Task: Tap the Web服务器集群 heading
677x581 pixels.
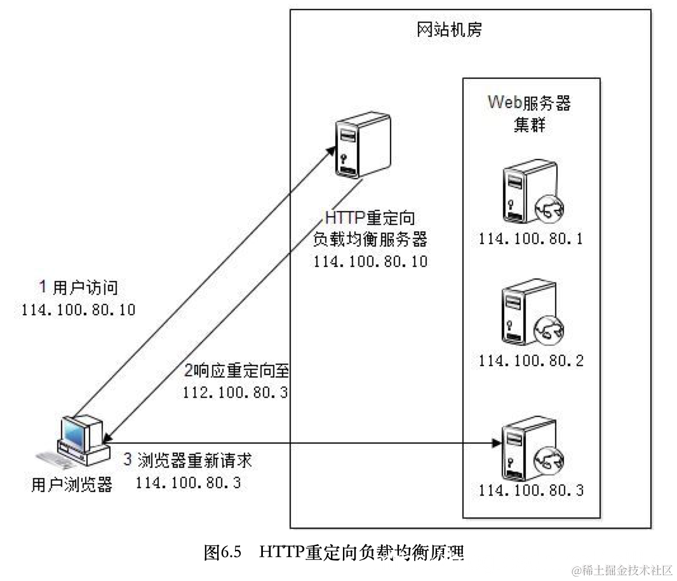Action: pyautogui.click(x=528, y=113)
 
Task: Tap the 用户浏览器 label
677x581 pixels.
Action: pyautogui.click(x=72, y=485)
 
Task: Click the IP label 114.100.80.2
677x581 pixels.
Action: pyautogui.click(x=531, y=360)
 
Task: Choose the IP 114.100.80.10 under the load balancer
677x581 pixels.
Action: pyautogui.click(x=370, y=262)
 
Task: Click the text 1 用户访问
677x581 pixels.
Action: pyautogui.click(x=79, y=287)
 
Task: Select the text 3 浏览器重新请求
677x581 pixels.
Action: pyautogui.click(x=191, y=460)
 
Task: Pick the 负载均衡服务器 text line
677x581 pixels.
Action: pyautogui.click(x=370, y=240)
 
